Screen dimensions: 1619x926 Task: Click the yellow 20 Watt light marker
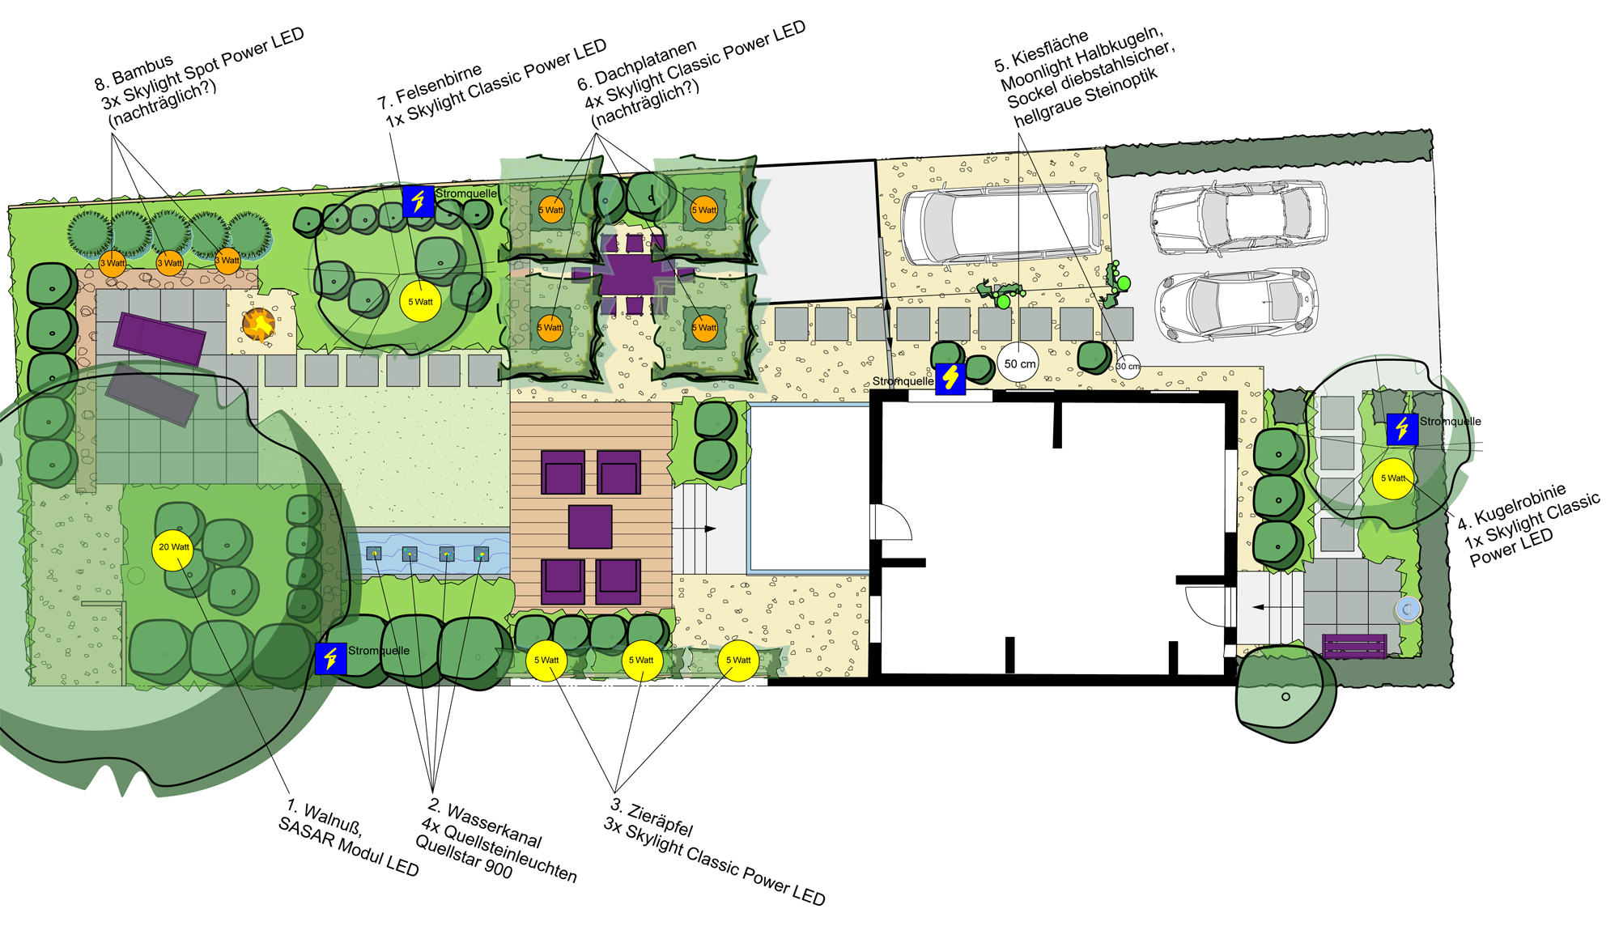(172, 549)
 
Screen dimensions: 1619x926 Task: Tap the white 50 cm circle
(1018, 363)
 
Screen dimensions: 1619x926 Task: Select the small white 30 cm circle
(1128, 367)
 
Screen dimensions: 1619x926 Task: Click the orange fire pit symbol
(259, 325)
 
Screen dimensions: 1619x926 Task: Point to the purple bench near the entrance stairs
(1354, 646)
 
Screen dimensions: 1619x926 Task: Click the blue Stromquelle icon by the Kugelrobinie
(1402, 429)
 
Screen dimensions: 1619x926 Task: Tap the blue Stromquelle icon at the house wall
(950, 379)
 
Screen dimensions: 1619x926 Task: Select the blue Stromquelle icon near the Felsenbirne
(418, 201)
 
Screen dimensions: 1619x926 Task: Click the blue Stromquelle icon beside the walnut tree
(330, 659)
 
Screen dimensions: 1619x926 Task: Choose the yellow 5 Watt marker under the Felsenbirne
(420, 302)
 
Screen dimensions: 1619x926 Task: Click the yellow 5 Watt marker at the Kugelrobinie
(1393, 478)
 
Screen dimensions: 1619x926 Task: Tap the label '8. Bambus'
(134, 72)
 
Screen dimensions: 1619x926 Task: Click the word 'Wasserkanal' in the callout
(494, 826)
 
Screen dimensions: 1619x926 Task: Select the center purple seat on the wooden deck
(590, 526)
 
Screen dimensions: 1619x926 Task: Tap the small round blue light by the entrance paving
(1408, 609)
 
